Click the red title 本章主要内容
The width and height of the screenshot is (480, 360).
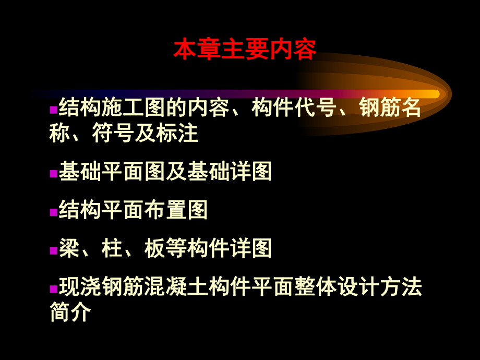click(x=245, y=50)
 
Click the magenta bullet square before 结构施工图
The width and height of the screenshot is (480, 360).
click(x=53, y=110)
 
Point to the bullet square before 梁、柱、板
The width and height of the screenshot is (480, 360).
click(x=53, y=251)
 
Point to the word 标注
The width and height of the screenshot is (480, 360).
click(x=178, y=133)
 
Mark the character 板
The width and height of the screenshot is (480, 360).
click(x=154, y=248)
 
